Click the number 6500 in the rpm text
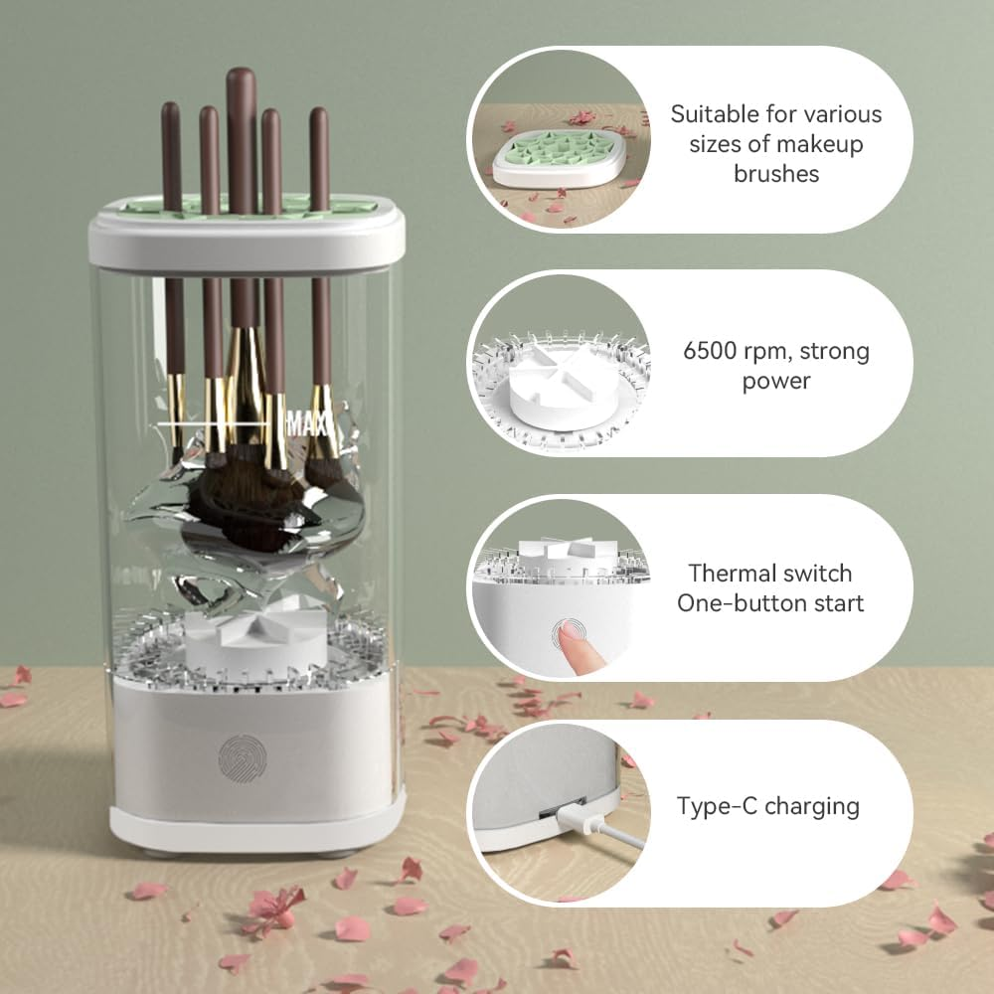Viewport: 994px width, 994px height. coord(710,351)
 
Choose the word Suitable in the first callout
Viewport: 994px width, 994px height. coord(708,114)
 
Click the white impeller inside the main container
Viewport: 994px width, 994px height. coord(255,636)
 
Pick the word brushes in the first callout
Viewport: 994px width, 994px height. coord(776,174)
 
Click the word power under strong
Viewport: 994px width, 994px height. coord(776,381)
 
